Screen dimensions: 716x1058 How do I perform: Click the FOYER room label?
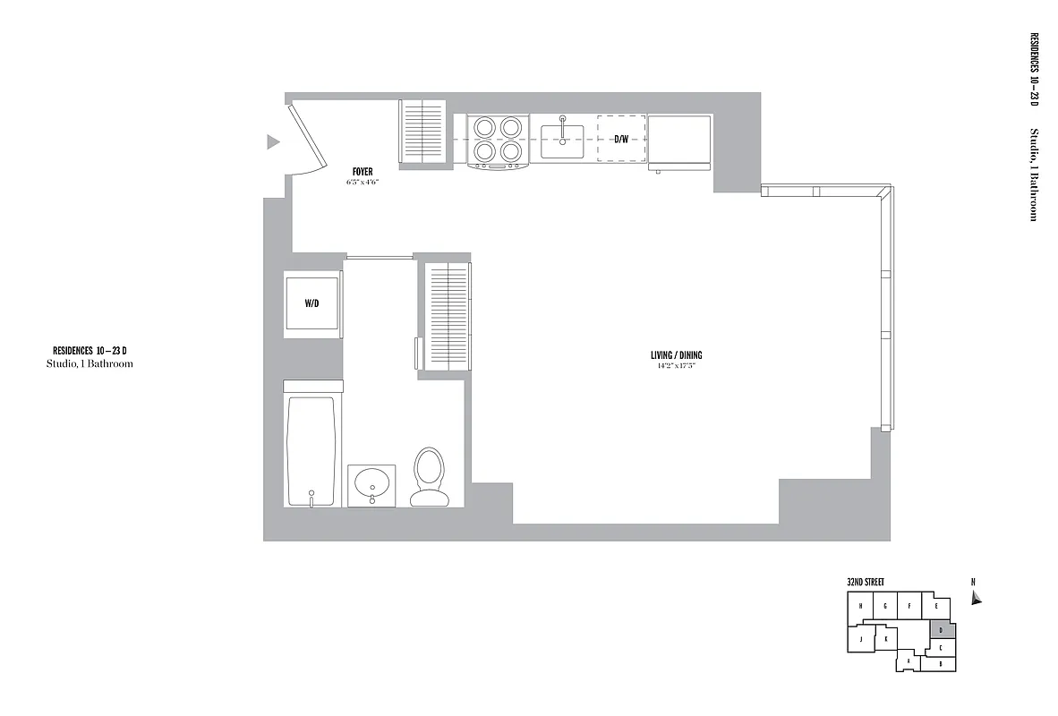(363, 172)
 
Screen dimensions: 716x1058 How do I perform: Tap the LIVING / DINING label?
(675, 355)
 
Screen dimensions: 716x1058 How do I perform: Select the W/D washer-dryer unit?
(311, 304)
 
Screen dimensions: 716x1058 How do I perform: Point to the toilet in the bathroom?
(429, 476)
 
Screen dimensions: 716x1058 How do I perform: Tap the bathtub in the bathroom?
(311, 451)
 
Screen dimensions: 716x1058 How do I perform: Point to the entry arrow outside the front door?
(273, 141)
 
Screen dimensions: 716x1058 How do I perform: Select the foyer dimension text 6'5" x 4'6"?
(363, 183)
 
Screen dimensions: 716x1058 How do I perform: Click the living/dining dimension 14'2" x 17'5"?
(675, 366)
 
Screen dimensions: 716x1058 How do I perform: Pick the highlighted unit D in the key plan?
(942, 630)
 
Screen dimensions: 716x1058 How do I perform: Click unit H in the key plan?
(860, 606)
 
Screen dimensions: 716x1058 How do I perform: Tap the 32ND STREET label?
(866, 582)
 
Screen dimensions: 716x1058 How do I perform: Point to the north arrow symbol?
(976, 597)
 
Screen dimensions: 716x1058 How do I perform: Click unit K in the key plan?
(885, 639)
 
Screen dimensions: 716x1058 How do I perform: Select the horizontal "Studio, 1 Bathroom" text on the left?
(90, 364)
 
